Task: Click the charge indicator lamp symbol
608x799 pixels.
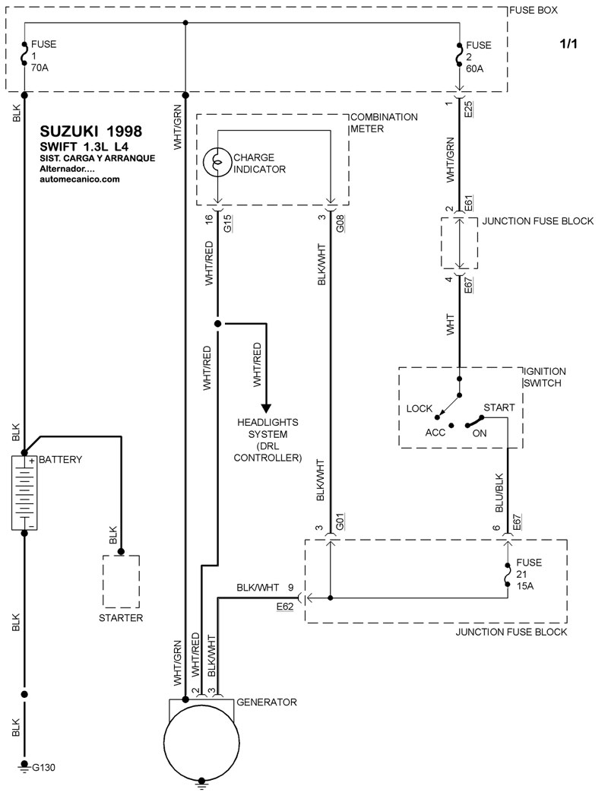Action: tap(217, 162)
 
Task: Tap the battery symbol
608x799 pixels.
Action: tap(24, 493)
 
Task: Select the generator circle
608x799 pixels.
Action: tap(201, 742)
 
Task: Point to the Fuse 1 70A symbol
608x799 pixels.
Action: tap(24, 55)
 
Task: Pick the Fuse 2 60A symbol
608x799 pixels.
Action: tap(459, 55)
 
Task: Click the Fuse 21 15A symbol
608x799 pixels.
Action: tap(507, 574)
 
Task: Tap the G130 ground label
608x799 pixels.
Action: tap(43, 767)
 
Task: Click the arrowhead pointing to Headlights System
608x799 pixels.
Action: tap(266, 407)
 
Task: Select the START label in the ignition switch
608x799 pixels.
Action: tap(499, 407)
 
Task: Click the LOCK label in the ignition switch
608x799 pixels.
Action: tap(419, 409)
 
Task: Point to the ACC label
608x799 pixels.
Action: tap(435, 433)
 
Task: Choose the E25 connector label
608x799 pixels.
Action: tap(468, 109)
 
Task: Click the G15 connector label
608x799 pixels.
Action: tap(227, 224)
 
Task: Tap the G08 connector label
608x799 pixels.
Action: tap(340, 224)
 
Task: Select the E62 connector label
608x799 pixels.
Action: tap(285, 607)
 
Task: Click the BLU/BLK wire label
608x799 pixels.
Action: tap(499, 493)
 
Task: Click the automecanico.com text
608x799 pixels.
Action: tap(80, 179)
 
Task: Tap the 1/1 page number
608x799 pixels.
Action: tap(568, 44)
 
